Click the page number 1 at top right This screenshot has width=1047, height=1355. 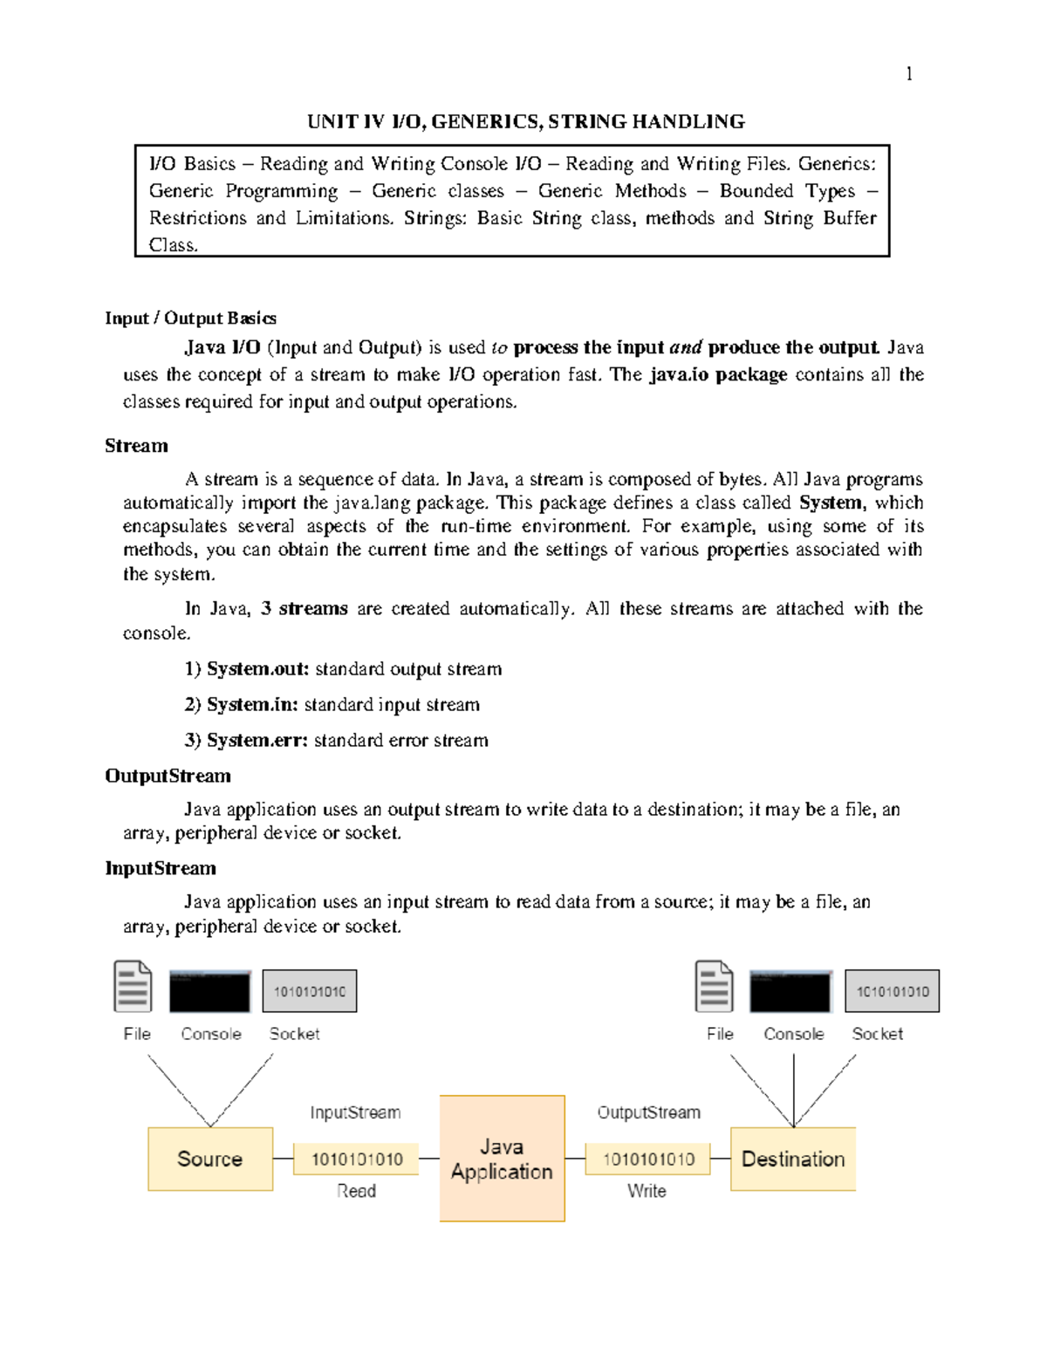(x=909, y=74)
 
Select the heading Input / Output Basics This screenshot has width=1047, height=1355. (x=190, y=318)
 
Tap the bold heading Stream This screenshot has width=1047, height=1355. (x=136, y=446)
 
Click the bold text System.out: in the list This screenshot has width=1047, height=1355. (x=257, y=669)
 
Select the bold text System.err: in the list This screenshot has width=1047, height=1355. (x=257, y=741)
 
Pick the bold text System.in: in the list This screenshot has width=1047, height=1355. (x=252, y=705)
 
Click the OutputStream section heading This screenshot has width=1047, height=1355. (x=168, y=776)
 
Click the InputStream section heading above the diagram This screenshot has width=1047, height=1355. (x=161, y=868)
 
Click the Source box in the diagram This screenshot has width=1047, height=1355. (x=210, y=1159)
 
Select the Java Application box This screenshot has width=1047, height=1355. (x=502, y=1159)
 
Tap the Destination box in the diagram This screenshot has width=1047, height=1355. (x=792, y=1159)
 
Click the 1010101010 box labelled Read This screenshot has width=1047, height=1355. (x=356, y=1159)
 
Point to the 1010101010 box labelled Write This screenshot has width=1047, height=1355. (x=647, y=1159)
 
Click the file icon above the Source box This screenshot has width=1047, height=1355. (x=133, y=987)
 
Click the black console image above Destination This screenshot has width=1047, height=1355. (x=790, y=991)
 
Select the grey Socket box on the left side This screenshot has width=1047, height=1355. (x=310, y=991)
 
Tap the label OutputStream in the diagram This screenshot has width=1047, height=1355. (x=648, y=1112)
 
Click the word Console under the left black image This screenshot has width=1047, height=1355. (x=211, y=1034)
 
